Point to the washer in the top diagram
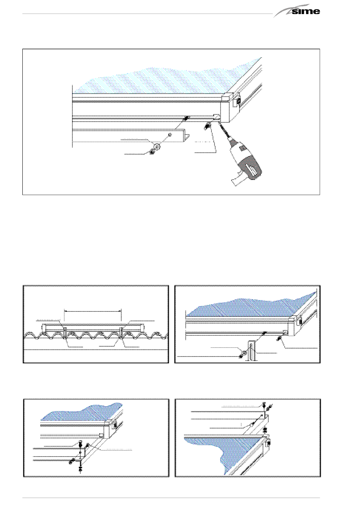[x=157, y=145]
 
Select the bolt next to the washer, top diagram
[x=152, y=152]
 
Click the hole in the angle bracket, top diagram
[x=170, y=135]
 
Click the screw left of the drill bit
[x=208, y=125]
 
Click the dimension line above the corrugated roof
[x=92, y=311]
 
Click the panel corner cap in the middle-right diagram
[x=294, y=326]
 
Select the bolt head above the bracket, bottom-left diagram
[x=80, y=443]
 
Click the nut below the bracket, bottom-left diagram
[x=80, y=468]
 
